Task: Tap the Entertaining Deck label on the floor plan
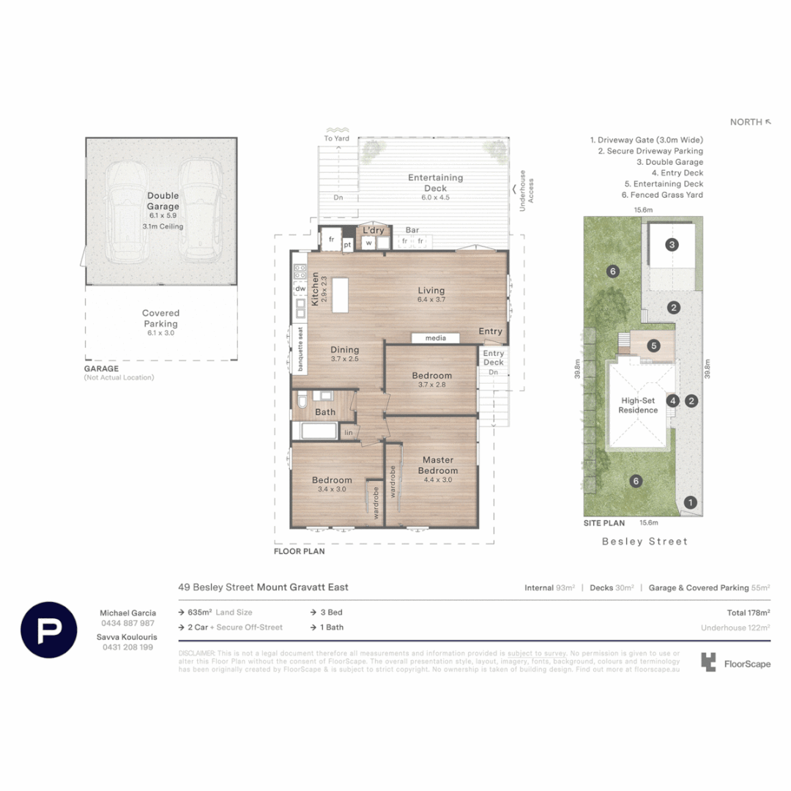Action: point(436,182)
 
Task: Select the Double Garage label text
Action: point(163,201)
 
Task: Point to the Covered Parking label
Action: point(160,318)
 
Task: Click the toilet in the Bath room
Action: point(301,402)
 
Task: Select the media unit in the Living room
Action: point(435,338)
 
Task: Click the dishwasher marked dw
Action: point(300,289)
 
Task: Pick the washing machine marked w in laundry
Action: point(369,242)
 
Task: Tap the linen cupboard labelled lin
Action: point(349,433)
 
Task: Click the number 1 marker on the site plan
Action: point(689,502)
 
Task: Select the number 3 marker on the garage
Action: point(672,245)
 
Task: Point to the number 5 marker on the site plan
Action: point(653,345)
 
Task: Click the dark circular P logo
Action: point(49,630)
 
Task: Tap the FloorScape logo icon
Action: point(709,663)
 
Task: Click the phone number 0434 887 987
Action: point(127,623)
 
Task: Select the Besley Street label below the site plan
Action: point(645,541)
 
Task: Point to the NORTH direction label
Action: point(747,122)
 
